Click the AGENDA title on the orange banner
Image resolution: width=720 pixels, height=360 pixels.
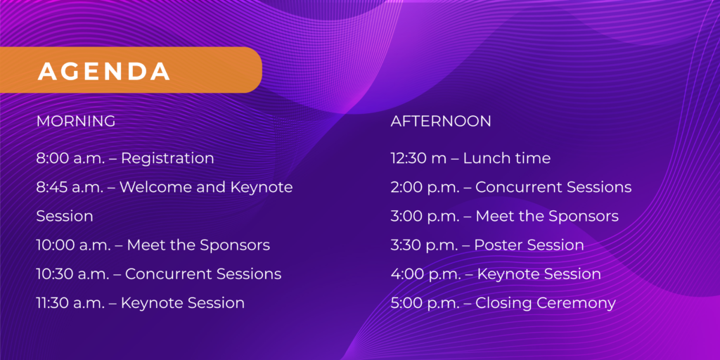pos(104,71)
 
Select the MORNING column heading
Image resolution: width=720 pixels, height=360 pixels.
pos(76,121)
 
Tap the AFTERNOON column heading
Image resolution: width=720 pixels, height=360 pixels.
pos(441,121)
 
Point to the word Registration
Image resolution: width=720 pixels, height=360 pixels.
pos(167,159)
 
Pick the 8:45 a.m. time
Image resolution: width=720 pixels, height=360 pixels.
pos(70,187)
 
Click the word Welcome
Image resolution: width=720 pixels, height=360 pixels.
pos(157,187)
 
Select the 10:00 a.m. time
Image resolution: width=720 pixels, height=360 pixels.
pos(73,245)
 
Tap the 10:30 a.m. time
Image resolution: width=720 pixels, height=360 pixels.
pos(72,274)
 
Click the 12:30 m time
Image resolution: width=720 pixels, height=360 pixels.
pos(418,158)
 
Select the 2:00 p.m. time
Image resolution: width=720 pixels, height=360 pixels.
pos(425,187)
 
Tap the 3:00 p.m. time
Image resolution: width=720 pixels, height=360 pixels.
pos(425,217)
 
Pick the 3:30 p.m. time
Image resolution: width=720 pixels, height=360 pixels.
pos(424,245)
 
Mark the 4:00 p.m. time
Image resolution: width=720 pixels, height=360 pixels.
pos(425,274)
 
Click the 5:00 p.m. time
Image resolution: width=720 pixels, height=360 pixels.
pos(425,303)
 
